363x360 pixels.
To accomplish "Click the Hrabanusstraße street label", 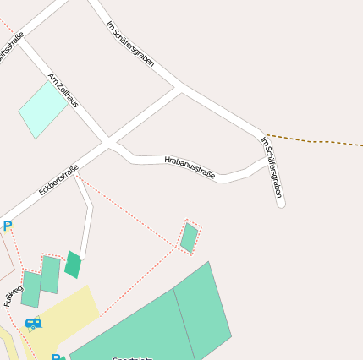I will click(x=190, y=166).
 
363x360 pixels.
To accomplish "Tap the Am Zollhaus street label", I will click(x=63, y=90).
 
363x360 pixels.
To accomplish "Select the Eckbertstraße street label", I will click(x=58, y=180).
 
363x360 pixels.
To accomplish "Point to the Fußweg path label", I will click(x=13, y=292).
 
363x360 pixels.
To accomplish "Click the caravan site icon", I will click(x=33, y=323).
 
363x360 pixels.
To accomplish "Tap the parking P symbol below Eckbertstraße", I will click(x=8, y=226).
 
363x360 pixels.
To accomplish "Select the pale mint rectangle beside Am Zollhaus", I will click(x=43, y=109).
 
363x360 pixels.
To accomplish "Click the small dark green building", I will click(x=74, y=265).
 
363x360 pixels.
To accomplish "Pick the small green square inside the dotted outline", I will click(x=190, y=237).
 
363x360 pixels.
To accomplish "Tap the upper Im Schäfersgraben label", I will click(x=130, y=45).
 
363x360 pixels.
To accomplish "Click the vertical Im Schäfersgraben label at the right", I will click(x=272, y=167).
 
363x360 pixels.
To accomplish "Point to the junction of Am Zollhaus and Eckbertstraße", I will click(x=107, y=142).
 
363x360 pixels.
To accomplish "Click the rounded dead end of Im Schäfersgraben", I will click(x=281, y=203).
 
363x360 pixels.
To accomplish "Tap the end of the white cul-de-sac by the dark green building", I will click(x=82, y=257).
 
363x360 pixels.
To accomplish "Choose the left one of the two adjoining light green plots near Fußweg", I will click(x=31, y=289).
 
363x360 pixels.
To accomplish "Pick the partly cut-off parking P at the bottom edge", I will click(x=56, y=357).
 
